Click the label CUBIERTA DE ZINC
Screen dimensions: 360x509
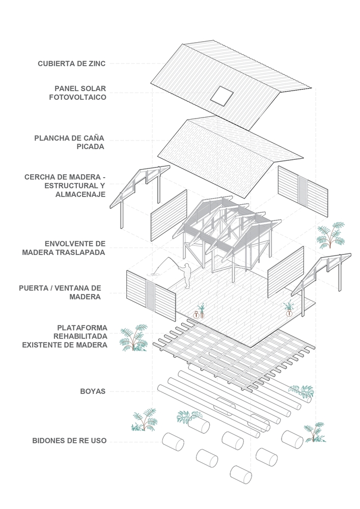point(72,64)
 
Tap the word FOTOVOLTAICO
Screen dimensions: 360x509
point(77,97)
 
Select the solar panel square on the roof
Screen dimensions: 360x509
point(221,96)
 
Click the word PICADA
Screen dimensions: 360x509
point(90,147)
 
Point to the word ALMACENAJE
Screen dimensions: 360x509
point(80,194)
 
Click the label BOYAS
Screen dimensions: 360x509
point(93,391)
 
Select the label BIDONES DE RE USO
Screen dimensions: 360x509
point(69,440)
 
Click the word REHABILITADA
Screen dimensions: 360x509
point(80,336)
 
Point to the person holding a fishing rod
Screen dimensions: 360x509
point(186,276)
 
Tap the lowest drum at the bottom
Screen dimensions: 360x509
point(241,474)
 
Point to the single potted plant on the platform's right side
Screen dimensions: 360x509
point(288,309)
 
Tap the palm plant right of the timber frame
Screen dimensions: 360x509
point(331,235)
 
